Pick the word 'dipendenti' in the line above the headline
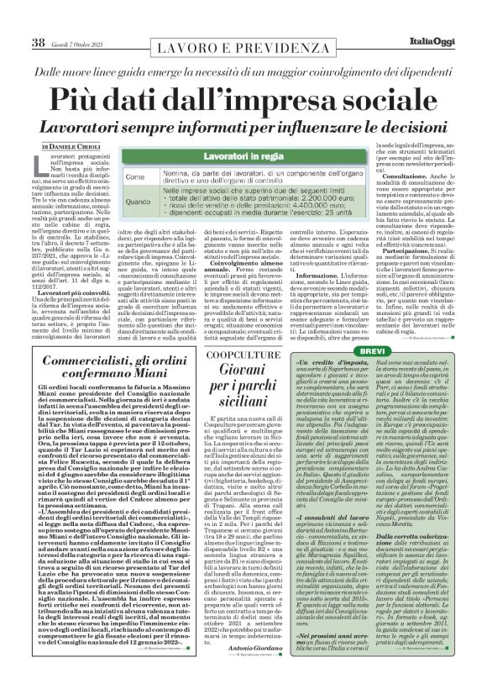pyautogui.click(x=433, y=53)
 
